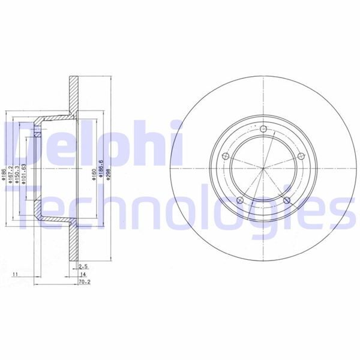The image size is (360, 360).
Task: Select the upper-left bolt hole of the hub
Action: (x=226, y=157)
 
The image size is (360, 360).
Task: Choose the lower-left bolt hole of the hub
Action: (x=240, y=200)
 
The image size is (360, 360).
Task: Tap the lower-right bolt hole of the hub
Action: (x=287, y=200)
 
